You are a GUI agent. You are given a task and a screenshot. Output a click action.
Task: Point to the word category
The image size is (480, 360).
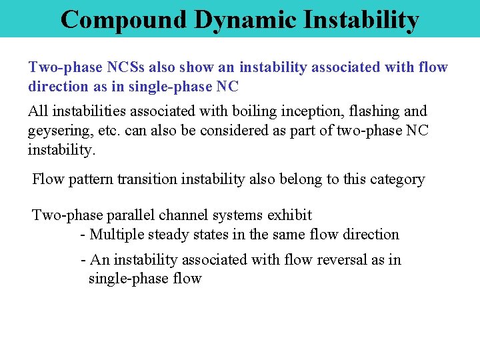(398, 179)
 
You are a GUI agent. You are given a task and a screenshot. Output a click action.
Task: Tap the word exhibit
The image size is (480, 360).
(289, 215)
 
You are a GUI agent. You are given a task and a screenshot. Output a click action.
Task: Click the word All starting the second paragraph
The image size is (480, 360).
(37, 111)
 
